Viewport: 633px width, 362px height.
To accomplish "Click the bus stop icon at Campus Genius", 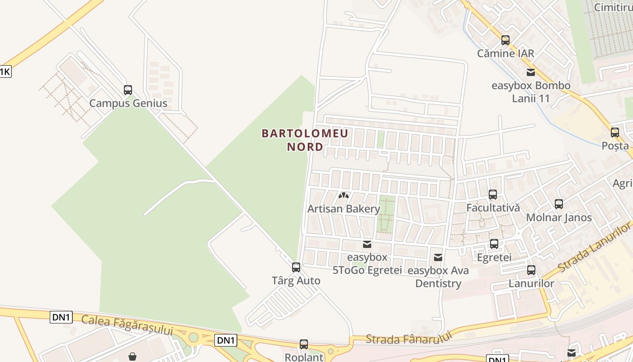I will click(x=128, y=90).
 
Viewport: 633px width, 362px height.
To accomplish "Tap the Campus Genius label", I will click(x=128, y=103).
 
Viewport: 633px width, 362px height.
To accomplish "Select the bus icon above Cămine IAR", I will click(x=505, y=40).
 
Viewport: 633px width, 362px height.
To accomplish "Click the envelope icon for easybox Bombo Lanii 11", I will click(x=531, y=72).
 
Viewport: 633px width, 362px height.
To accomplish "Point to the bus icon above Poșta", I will click(x=615, y=133).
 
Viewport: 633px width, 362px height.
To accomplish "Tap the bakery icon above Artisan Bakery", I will click(x=344, y=196).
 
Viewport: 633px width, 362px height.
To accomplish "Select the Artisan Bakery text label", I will click(x=344, y=209).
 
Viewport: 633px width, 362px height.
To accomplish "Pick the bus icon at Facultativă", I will click(x=493, y=195).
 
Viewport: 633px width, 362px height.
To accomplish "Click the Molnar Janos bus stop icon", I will click(x=559, y=204).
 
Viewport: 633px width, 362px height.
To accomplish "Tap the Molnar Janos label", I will click(x=559, y=217).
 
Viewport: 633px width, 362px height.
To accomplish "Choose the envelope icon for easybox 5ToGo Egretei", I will click(x=367, y=244).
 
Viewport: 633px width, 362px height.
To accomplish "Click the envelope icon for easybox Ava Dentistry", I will click(x=438, y=257).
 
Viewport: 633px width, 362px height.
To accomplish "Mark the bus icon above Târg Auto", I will click(x=296, y=267).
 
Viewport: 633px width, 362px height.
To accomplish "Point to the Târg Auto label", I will click(x=296, y=281).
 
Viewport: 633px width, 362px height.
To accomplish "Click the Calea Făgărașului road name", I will click(x=127, y=325).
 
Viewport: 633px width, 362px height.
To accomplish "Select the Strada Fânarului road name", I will click(x=409, y=338).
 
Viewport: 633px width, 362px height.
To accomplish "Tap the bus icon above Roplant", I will click(x=304, y=344).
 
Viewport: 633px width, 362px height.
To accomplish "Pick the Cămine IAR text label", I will click(x=505, y=53).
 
